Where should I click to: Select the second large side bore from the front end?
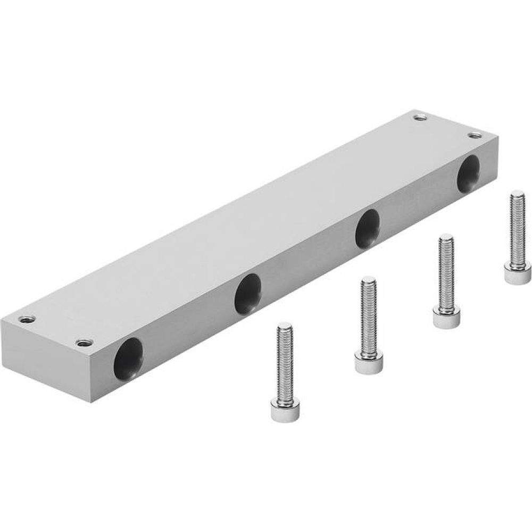pyautogui.click(x=247, y=292)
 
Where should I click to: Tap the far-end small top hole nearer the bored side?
pyautogui.click(x=473, y=136)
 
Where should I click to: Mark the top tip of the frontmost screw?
pyautogui.click(x=284, y=325)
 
